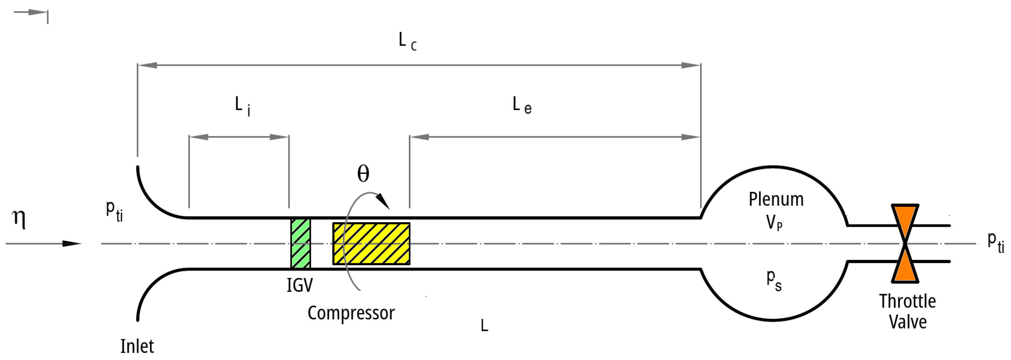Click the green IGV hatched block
[x=301, y=243]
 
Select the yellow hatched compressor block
[x=371, y=243]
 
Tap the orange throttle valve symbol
[x=905, y=243]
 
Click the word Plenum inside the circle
[x=776, y=199]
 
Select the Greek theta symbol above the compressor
[x=363, y=173]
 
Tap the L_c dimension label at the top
[x=407, y=41]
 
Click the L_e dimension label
[x=522, y=105]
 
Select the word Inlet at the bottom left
[x=137, y=346]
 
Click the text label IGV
[x=300, y=285]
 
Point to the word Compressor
[x=351, y=313]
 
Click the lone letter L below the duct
[x=484, y=325]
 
